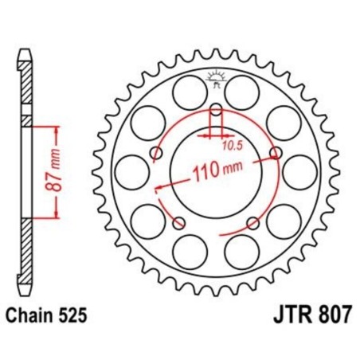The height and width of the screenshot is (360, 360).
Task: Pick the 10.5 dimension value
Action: coord(231,146)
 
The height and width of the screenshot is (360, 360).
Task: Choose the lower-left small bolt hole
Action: coord(178,222)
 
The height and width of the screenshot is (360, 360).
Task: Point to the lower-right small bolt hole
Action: coord(252,222)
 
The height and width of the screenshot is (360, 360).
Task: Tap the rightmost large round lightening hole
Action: coord(301,170)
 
